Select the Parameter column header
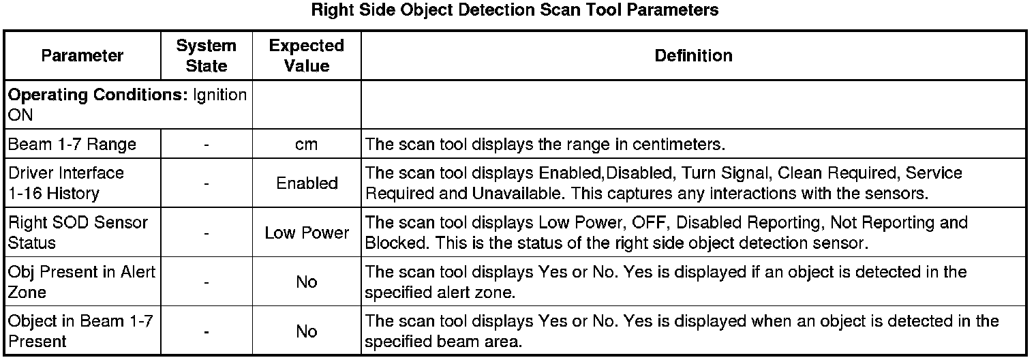(82, 56)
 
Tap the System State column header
(206, 56)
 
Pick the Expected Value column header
(306, 56)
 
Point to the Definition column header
(693, 56)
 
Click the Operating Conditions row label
(127, 105)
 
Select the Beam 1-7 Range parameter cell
(72, 145)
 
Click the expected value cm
(307, 145)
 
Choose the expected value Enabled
(307, 183)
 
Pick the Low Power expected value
(307, 232)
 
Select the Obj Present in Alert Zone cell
(82, 282)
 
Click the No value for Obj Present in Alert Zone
(307, 282)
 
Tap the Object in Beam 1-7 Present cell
(75, 331)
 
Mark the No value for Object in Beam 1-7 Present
(307, 331)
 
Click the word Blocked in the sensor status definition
(391, 243)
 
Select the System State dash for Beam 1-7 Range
(206, 145)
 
